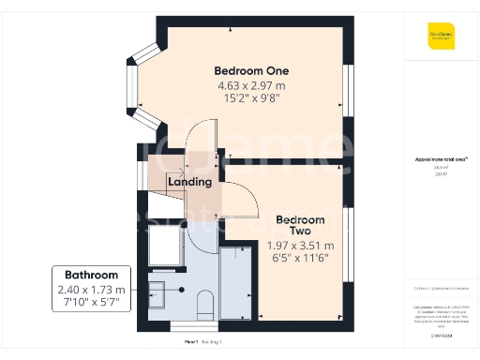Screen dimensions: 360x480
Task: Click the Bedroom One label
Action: [251, 70]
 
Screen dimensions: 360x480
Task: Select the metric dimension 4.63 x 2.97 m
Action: [251, 85]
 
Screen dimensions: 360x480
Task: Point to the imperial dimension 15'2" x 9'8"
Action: [251, 98]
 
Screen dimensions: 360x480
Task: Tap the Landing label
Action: [189, 182]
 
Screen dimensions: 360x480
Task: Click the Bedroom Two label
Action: [300, 225]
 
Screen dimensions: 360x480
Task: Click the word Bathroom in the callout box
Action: [90, 275]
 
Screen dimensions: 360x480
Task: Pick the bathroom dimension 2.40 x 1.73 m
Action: [90, 290]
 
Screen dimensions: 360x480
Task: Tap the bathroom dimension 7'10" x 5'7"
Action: [90, 303]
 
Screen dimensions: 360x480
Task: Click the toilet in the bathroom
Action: [205, 302]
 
